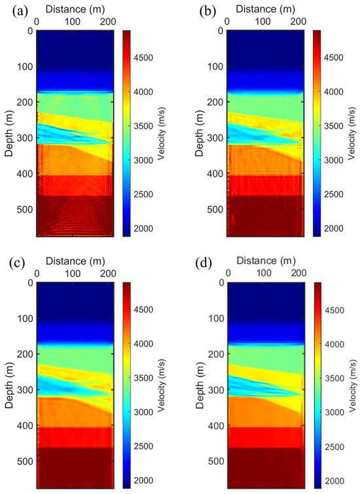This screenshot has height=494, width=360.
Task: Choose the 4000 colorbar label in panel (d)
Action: tap(339, 343)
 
